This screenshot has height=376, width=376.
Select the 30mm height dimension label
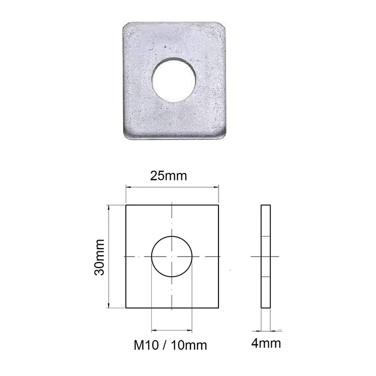click(99, 257)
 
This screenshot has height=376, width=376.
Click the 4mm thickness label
click(266, 343)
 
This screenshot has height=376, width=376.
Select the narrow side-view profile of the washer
click(266, 257)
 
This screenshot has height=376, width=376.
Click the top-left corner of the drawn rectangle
click(126, 205)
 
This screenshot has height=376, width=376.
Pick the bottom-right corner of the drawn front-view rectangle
click(219, 308)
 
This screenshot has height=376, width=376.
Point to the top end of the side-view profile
click(266, 206)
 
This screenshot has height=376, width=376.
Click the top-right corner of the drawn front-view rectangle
click(219, 205)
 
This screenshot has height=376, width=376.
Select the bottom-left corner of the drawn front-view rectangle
click(126, 308)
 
